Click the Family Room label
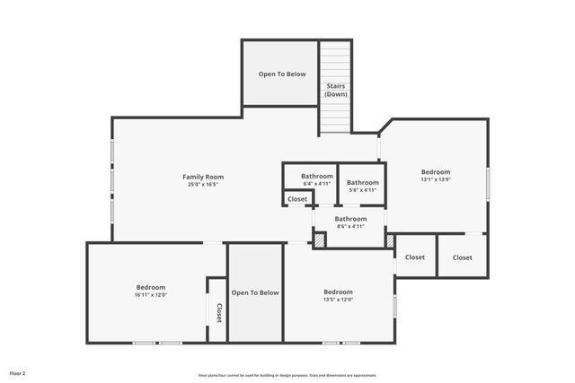[x=203, y=177]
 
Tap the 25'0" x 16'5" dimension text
[x=203, y=185]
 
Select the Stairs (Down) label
[x=336, y=90]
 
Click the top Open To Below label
[x=282, y=74]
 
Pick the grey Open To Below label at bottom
[x=255, y=292]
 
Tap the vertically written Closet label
[x=217, y=312]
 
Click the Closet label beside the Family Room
[x=297, y=198]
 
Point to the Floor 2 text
[x=18, y=372]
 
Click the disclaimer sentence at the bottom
[x=287, y=375]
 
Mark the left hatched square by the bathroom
[x=319, y=240]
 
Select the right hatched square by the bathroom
[x=390, y=240]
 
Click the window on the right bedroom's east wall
[x=488, y=184]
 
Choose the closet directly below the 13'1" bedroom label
[x=415, y=257]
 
